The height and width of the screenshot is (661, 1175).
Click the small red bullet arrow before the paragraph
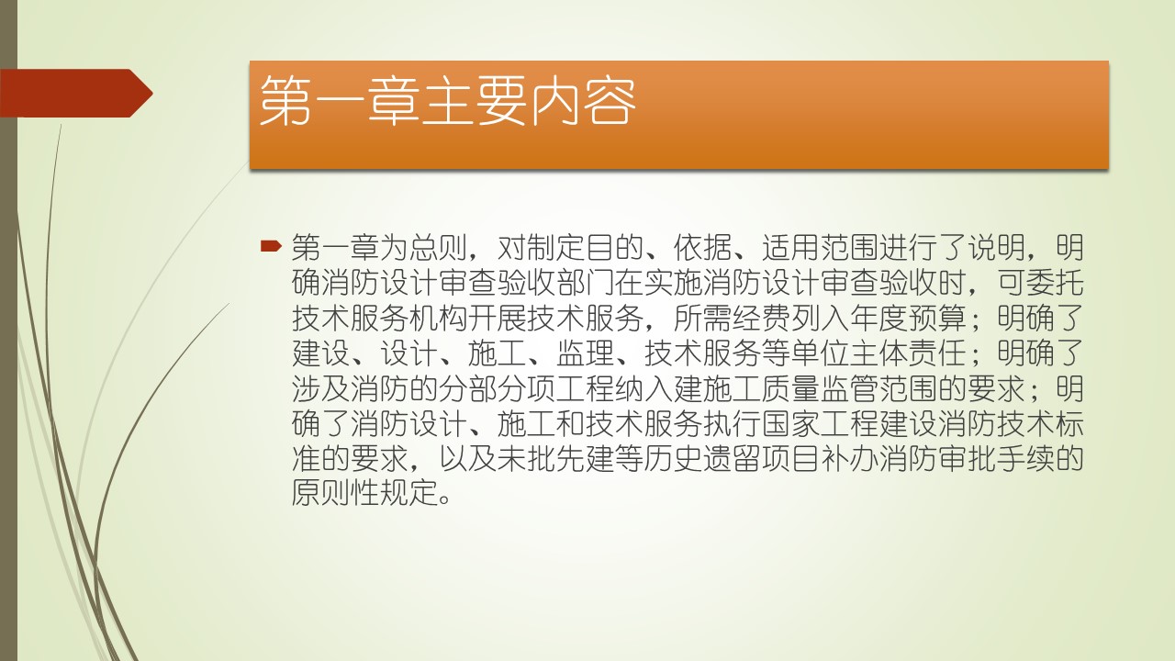pos(271,245)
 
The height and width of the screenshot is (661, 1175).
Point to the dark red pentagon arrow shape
pos(76,93)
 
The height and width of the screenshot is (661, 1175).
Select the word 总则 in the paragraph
pos(439,248)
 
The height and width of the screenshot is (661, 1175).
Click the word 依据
pos(703,248)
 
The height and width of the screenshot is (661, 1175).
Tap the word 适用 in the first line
pos(791,248)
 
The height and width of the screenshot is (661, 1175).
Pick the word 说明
pos(997,248)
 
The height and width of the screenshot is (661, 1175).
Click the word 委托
pos(1056,283)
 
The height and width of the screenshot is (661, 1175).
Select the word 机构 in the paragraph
pos(439,318)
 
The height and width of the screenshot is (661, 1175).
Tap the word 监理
pos(586,353)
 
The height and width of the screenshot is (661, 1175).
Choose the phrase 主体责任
pos(909,353)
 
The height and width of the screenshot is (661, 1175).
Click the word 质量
pos(791,388)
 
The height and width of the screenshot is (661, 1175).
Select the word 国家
pos(791,423)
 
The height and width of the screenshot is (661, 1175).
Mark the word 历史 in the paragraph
pos(674,458)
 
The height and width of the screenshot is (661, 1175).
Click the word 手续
pos(1026,458)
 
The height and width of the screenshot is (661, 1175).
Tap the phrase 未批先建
pos(556,458)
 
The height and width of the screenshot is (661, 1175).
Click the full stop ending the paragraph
pos(445,500)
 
